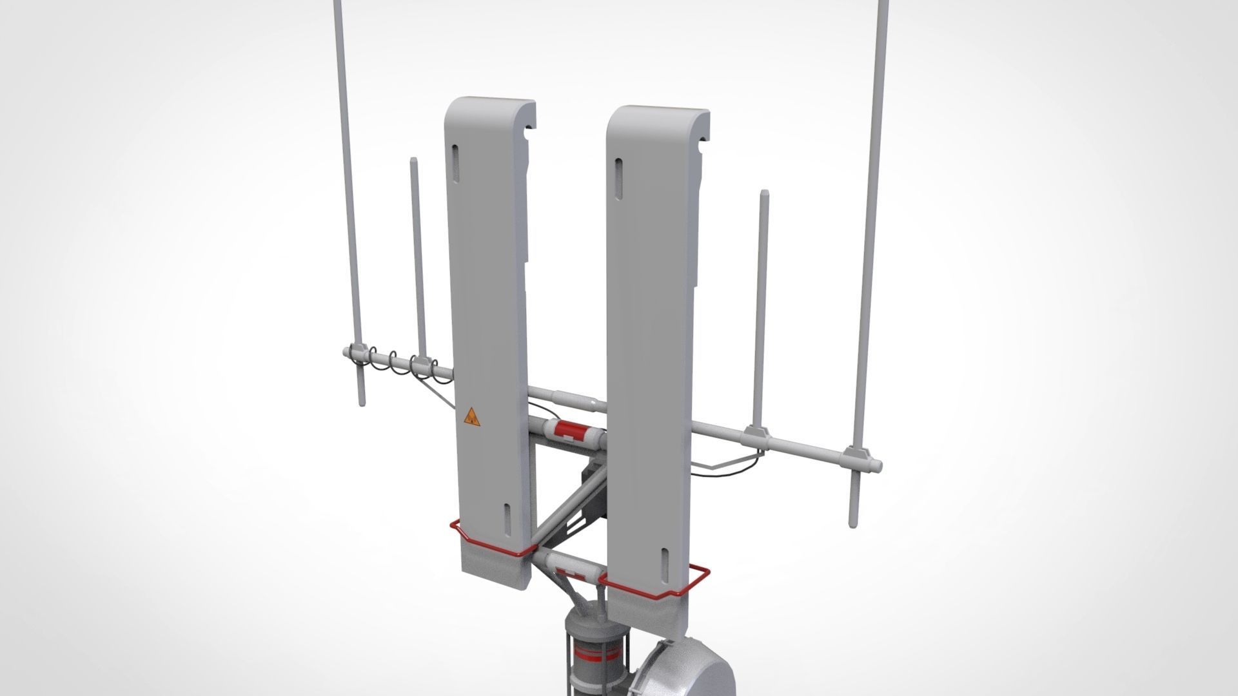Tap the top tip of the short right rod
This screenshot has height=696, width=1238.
tap(764, 193)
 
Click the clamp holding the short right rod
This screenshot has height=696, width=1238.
tap(756, 436)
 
